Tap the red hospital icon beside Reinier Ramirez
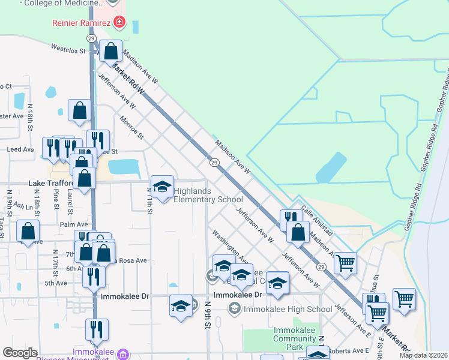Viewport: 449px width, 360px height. (x=119, y=23)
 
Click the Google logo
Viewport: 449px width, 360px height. (x=20, y=353)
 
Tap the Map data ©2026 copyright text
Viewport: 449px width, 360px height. (x=423, y=355)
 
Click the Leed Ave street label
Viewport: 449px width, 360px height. (x=21, y=149)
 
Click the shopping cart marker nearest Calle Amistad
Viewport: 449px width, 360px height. (x=345, y=262)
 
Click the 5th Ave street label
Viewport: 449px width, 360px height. (x=56, y=283)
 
